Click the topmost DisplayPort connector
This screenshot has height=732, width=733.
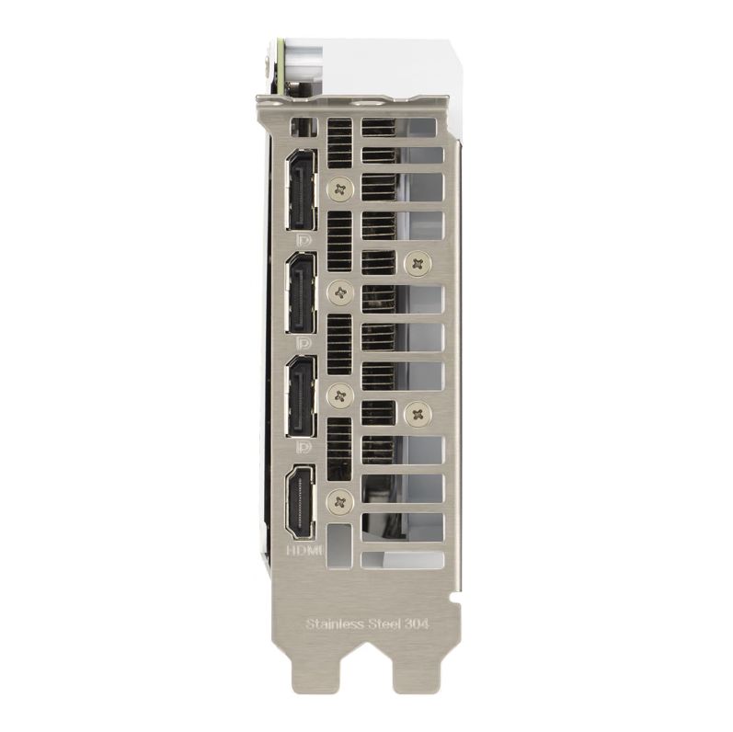pyautogui.click(x=302, y=190)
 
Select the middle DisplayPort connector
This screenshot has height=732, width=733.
pyautogui.click(x=302, y=293)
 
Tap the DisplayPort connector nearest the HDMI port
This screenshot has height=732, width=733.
pyautogui.click(x=302, y=397)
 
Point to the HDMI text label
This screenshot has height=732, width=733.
pyautogui.click(x=304, y=550)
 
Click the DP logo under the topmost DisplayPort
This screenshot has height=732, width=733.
pyautogui.click(x=304, y=240)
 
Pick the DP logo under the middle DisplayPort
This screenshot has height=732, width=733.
pyautogui.click(x=304, y=344)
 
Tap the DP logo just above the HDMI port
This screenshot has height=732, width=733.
pyautogui.click(x=304, y=447)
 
